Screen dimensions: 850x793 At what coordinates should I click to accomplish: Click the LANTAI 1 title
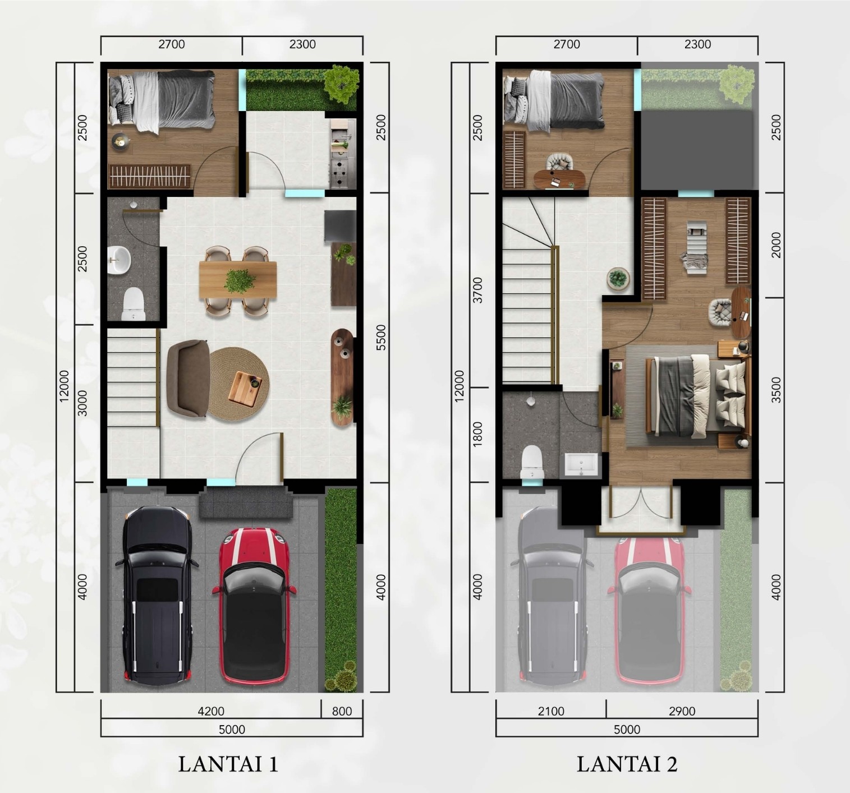[x=228, y=764]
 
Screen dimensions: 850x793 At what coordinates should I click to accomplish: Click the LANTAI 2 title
[x=627, y=764]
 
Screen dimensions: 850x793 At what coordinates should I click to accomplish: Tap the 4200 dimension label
[x=211, y=711]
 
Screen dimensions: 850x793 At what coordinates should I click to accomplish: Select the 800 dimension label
[x=342, y=711]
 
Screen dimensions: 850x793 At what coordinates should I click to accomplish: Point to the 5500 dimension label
[x=380, y=338]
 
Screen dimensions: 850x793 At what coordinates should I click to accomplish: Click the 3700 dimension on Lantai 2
[x=477, y=290]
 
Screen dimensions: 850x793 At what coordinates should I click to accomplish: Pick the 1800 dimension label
[x=477, y=435]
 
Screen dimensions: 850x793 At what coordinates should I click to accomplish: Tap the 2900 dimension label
[x=682, y=711]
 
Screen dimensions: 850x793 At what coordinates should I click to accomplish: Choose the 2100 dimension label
[x=551, y=711]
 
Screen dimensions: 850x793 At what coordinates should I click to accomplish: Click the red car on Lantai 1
[x=254, y=606]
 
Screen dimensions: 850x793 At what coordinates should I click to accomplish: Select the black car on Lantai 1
[x=157, y=595]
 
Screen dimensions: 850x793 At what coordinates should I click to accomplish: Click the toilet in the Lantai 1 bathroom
[x=133, y=303]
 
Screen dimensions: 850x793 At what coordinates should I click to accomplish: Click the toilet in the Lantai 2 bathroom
[x=532, y=462]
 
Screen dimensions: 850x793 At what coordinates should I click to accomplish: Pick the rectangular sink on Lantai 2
[x=581, y=465]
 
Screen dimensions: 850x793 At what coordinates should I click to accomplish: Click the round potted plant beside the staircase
[x=618, y=279]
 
